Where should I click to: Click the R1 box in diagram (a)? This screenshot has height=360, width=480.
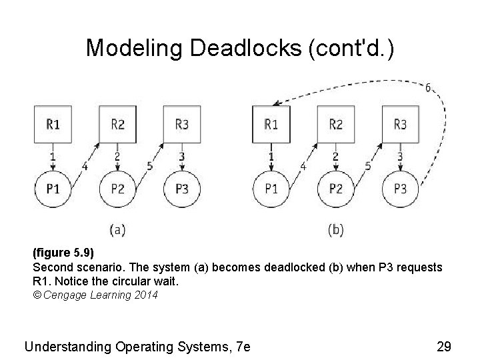[x=53, y=124]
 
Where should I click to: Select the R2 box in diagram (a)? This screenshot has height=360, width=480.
[x=117, y=124]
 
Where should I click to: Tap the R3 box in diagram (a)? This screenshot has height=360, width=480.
[x=181, y=124]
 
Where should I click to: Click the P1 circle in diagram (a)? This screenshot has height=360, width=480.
[x=53, y=189]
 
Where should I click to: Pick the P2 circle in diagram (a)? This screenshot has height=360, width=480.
[x=117, y=189]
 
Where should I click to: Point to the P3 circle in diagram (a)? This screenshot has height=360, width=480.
[x=181, y=189]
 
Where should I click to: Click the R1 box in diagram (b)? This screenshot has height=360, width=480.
[x=271, y=124]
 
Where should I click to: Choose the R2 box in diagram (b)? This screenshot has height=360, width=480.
[x=336, y=124]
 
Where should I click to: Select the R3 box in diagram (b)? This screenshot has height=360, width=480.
[x=400, y=124]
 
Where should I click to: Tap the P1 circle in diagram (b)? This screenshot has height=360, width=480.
[x=271, y=189]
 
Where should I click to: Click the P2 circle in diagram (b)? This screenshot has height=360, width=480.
[x=336, y=189]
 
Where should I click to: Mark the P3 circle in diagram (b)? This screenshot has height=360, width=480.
[x=400, y=189]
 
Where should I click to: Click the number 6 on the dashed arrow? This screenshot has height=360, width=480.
[x=427, y=87]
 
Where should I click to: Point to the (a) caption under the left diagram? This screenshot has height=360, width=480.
[x=117, y=229]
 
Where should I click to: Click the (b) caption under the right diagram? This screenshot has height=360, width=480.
[x=336, y=229]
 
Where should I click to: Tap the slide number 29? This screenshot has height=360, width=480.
[x=443, y=346]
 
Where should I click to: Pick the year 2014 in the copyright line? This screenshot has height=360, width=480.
[x=146, y=295]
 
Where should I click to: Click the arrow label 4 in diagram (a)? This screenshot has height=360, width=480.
[x=84, y=166]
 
